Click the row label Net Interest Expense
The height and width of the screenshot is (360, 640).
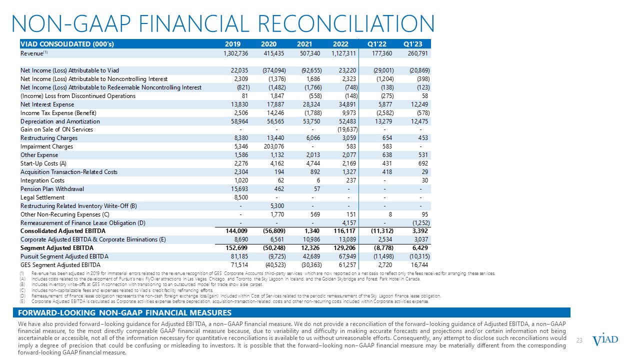click(x=47, y=104)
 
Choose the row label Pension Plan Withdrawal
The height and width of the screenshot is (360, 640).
click(x=52, y=189)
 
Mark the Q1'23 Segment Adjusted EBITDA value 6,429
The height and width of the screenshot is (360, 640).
click(x=421, y=248)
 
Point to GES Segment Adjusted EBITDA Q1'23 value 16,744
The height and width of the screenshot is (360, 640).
click(x=419, y=265)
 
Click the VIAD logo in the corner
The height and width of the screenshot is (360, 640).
click(x=605, y=340)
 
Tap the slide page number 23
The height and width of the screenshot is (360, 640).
click(x=580, y=340)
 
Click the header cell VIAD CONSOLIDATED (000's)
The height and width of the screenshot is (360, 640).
click(x=67, y=43)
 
